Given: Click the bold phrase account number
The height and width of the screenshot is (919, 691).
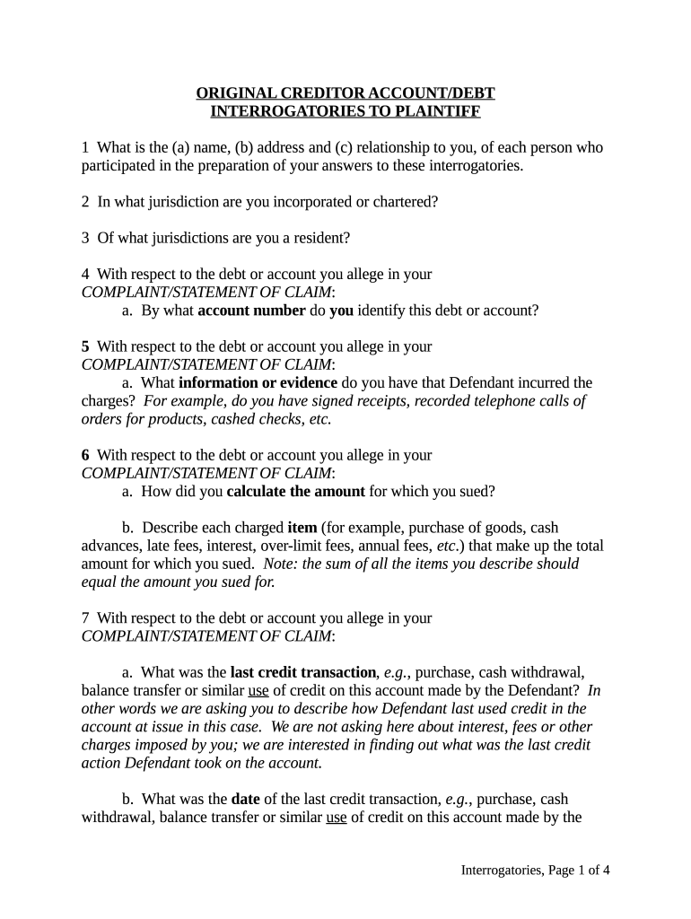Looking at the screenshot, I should [x=251, y=311].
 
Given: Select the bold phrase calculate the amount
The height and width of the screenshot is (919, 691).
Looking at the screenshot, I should [x=296, y=492].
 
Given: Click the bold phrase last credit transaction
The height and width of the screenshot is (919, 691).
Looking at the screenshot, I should [x=303, y=673].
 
